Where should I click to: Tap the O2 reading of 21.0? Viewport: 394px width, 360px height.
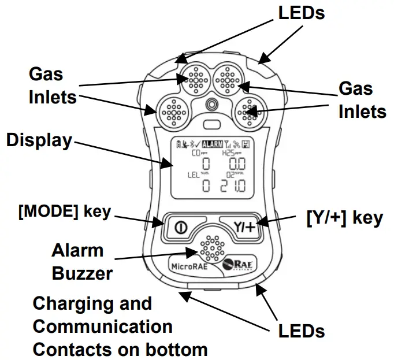pos(233,185)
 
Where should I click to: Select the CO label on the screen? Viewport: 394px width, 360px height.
pos(198,154)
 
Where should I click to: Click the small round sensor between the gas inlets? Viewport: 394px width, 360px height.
pos(212,103)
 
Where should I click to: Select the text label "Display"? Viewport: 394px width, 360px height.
pos(39,140)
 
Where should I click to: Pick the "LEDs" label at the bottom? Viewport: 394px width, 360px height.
pos(302,331)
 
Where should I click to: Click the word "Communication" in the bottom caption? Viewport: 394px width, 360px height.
pos(102,326)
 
